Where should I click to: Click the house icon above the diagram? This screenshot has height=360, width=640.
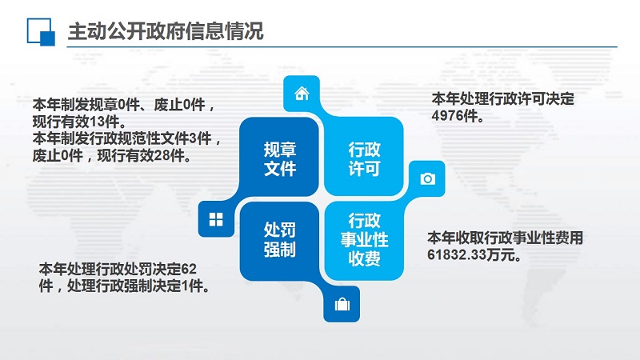[302, 94]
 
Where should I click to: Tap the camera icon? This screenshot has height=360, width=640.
[427, 178]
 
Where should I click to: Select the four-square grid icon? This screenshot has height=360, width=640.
[216, 219]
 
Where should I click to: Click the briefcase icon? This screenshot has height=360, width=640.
[342, 304]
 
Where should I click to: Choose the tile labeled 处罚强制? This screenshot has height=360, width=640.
[279, 241]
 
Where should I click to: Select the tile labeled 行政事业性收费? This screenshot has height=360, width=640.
[364, 241]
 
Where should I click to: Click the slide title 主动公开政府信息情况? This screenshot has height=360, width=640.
[166, 31]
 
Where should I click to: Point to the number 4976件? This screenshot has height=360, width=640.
[458, 116]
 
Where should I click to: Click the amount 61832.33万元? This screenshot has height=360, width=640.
[474, 255]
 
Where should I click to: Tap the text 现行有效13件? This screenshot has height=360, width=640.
[79, 122]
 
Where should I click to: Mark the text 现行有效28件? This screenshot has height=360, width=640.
[144, 155]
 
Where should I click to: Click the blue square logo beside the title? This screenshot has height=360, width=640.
[41, 31]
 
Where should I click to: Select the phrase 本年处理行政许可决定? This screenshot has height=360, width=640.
[503, 98]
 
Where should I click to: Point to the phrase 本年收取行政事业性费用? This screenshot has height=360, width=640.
[505, 238]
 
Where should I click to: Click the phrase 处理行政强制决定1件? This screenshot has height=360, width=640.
[138, 286]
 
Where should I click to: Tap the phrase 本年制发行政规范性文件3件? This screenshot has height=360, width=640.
[122, 138]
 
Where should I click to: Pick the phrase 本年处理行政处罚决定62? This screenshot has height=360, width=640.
[118, 269]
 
